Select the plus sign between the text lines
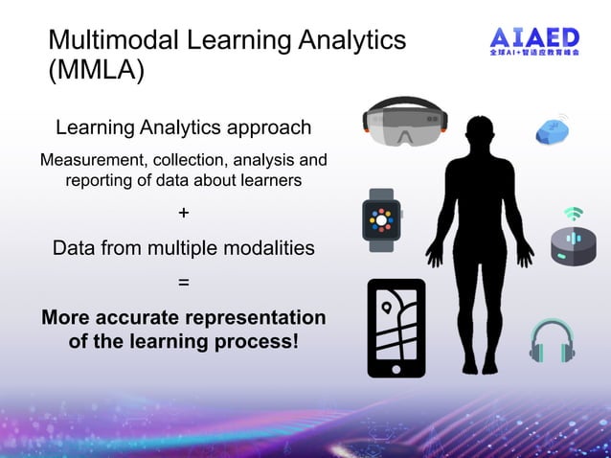(x=183, y=213)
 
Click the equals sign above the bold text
(x=183, y=283)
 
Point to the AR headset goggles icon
(x=406, y=122)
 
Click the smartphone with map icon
(x=396, y=328)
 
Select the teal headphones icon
(x=553, y=340)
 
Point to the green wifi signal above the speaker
(x=573, y=212)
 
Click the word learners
(x=269, y=180)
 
